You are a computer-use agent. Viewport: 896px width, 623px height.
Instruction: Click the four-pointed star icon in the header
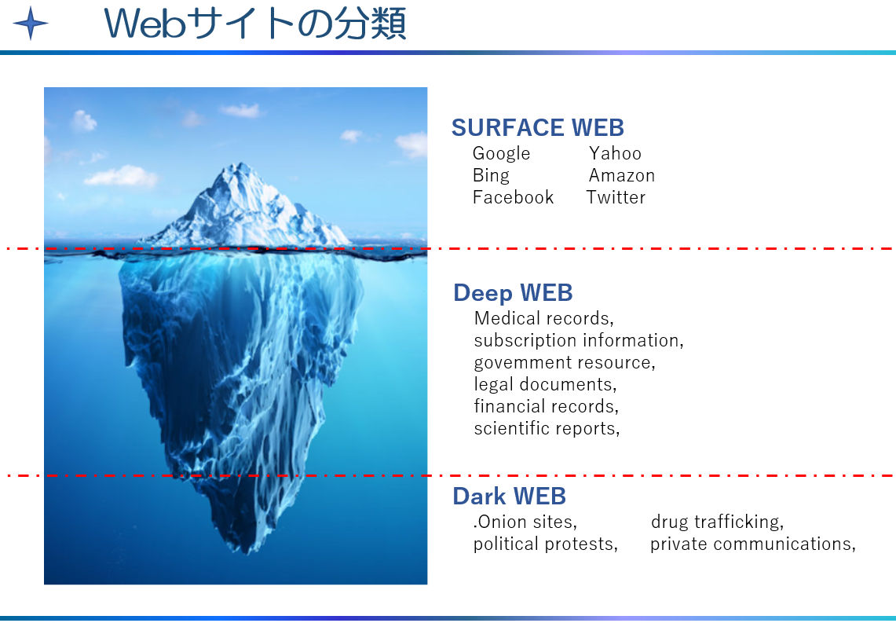31,24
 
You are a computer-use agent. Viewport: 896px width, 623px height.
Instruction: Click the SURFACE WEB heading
538,127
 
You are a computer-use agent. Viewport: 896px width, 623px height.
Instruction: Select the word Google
501,154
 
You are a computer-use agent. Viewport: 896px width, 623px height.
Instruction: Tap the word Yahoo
615,153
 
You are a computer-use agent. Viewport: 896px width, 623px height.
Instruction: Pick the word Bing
491,175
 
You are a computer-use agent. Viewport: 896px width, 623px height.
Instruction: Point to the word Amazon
622,175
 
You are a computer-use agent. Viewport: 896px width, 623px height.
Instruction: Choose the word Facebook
513,197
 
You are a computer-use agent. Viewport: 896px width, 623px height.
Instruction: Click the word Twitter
616,197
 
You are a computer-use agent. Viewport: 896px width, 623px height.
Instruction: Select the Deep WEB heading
513,292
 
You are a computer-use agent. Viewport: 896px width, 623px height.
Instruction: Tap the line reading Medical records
544,318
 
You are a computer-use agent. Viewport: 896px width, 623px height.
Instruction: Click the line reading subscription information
579,341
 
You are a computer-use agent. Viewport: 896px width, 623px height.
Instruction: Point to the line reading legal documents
546,385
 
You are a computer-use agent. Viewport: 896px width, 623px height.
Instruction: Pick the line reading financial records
547,406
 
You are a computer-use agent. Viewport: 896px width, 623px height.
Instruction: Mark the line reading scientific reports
547,429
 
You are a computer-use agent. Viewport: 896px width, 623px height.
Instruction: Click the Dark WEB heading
509,496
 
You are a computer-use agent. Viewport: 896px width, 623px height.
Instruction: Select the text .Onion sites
525,522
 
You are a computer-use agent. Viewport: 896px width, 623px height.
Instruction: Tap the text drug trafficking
717,522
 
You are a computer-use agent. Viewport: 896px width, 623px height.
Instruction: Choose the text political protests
546,544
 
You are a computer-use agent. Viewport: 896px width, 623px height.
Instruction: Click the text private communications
753,544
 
